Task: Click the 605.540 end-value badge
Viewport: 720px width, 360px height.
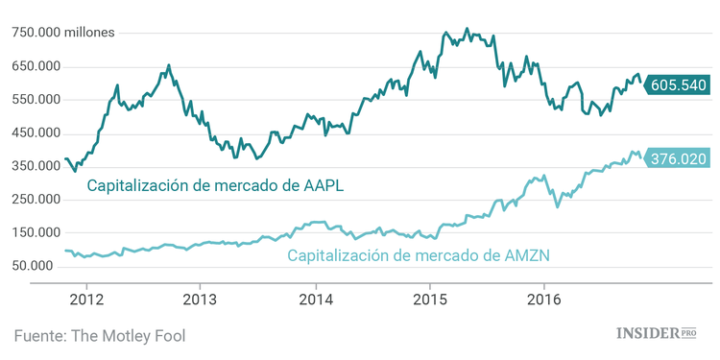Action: click(678, 85)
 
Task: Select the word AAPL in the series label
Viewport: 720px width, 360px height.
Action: click(323, 185)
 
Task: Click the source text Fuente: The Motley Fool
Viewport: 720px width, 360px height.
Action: click(99, 335)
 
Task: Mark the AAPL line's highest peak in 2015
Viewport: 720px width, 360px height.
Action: click(467, 29)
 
